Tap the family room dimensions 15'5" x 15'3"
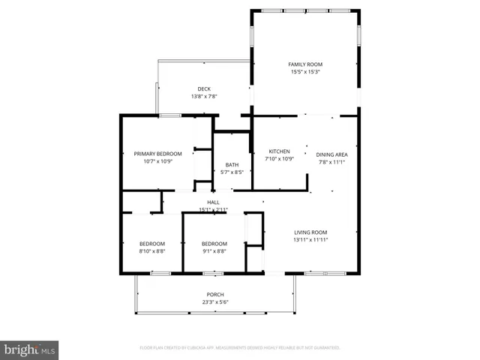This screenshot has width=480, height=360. pyautogui.click(x=305, y=73)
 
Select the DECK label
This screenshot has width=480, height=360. pyautogui.click(x=204, y=89)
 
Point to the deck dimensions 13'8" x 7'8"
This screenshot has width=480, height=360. pyautogui.click(x=204, y=97)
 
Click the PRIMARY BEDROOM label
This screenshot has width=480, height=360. pyautogui.click(x=152, y=154)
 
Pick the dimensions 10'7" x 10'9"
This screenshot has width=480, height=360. pyautogui.click(x=152, y=161)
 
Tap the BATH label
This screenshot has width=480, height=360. pyautogui.click(x=232, y=165)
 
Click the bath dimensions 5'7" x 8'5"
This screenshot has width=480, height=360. pyautogui.click(x=232, y=172)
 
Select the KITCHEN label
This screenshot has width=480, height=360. pyautogui.click(x=279, y=151)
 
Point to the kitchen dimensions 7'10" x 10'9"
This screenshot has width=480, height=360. pyautogui.click(x=279, y=159)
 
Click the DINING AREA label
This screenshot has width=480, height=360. pyautogui.click(x=331, y=154)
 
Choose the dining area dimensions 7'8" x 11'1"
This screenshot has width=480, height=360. pyautogui.click(x=331, y=162)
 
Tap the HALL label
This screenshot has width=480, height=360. pyautogui.click(x=213, y=202)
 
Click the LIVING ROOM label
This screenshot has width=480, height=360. pyautogui.click(x=310, y=232)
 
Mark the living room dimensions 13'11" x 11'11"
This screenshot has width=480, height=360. pyautogui.click(x=310, y=239)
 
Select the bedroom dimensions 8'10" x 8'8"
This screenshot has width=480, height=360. pyautogui.click(x=152, y=251)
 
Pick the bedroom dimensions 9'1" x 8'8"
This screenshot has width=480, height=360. pyautogui.click(x=214, y=251)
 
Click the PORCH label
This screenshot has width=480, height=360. pyautogui.click(x=215, y=294)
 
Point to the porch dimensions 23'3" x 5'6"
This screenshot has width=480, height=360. pyautogui.click(x=215, y=302)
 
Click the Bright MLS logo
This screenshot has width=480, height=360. pyautogui.click(x=30, y=350)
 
